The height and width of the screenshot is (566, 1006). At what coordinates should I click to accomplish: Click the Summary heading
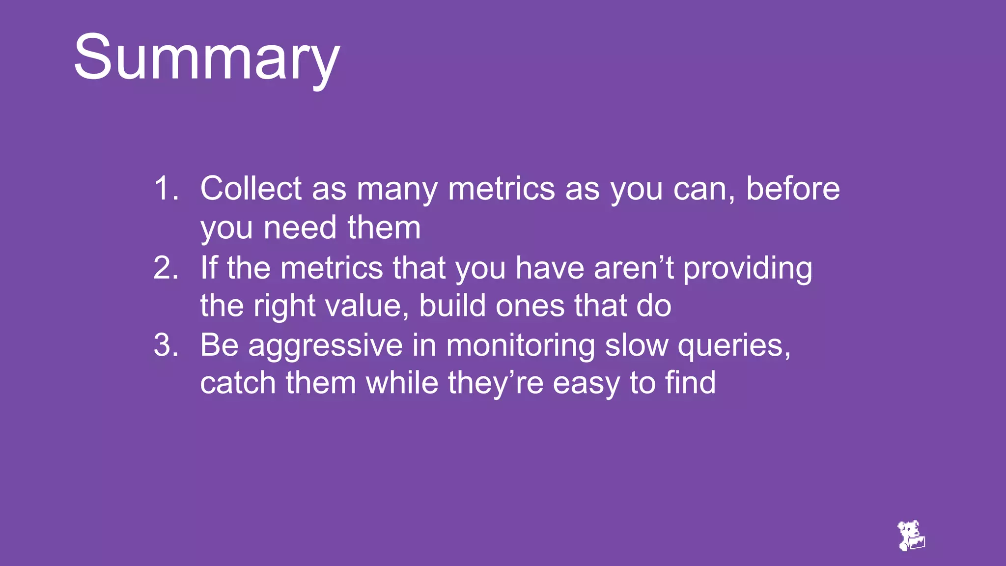(206, 58)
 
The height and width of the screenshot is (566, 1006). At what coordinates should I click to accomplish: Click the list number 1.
(165, 188)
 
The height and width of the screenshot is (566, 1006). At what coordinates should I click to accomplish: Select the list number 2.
(165, 268)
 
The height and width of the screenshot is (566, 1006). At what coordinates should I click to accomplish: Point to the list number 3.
(165, 345)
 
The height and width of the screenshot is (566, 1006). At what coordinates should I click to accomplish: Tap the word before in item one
(792, 188)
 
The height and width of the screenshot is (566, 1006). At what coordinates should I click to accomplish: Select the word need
(300, 227)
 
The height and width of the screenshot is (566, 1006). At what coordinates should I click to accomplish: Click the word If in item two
(208, 268)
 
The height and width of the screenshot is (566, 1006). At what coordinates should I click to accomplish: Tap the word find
(690, 383)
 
